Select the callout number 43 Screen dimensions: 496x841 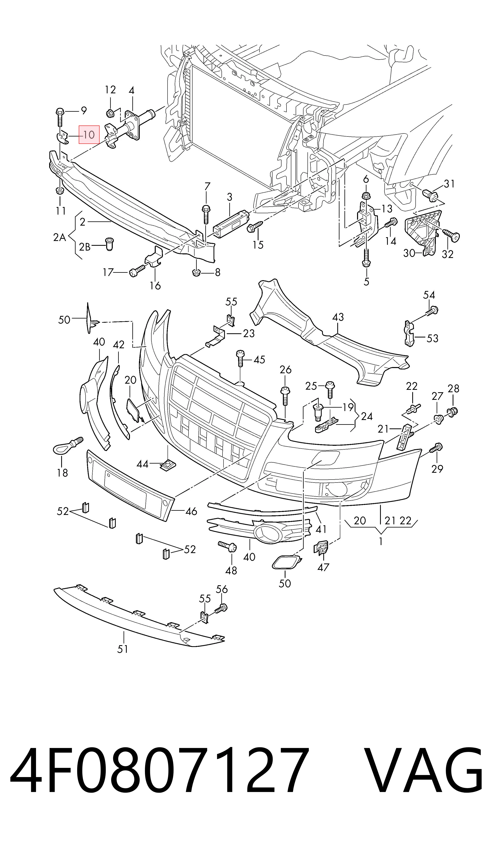click(x=338, y=317)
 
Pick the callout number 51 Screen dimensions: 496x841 click(x=123, y=649)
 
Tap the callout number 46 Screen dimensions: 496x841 click(x=191, y=511)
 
